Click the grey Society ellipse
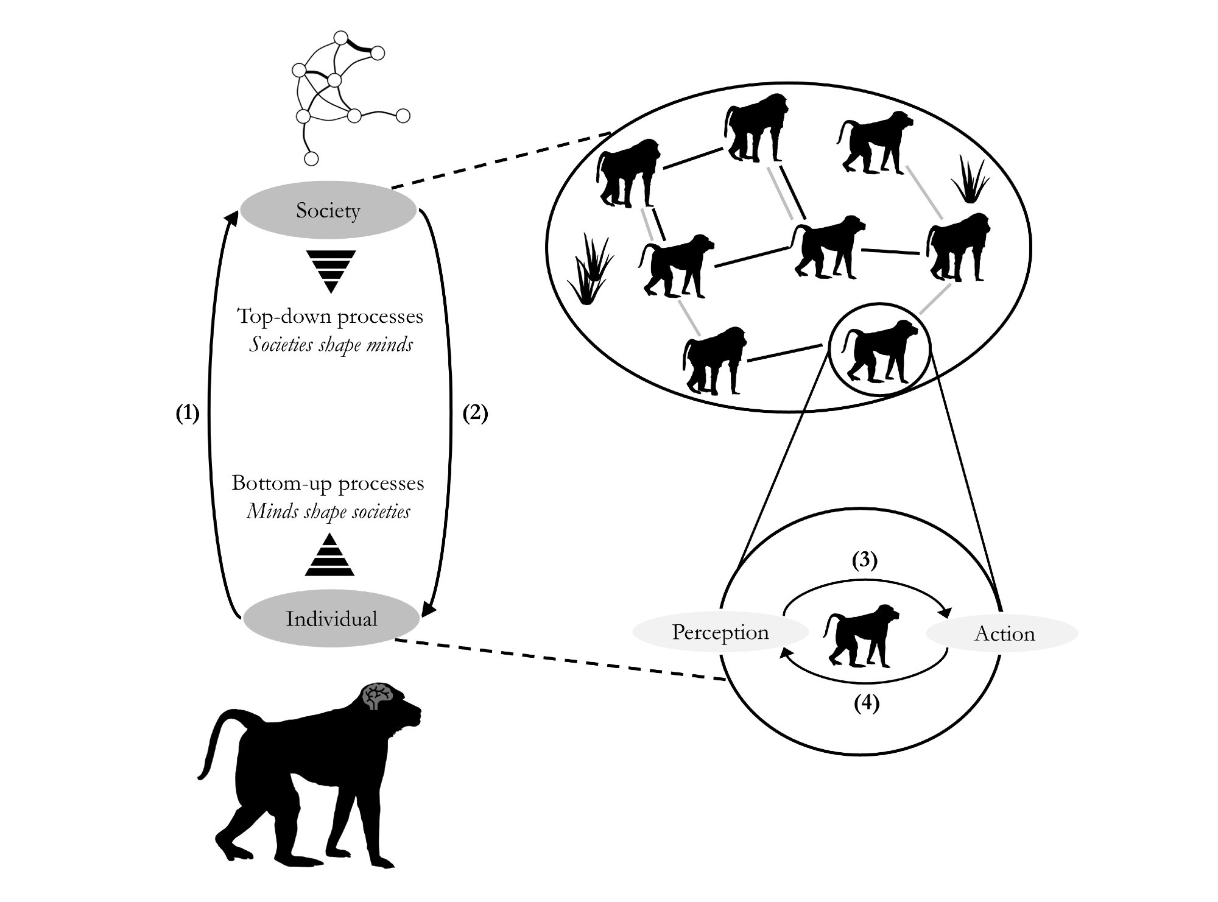click(328, 210)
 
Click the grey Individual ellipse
click(331, 619)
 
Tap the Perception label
click(720, 632)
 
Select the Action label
click(1004, 634)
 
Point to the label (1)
click(188, 414)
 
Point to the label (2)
click(475, 414)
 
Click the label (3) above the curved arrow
click(864, 560)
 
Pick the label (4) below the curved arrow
click(866, 704)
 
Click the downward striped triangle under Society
click(331, 270)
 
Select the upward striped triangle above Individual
click(329, 555)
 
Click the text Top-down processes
click(329, 316)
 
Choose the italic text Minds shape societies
click(328, 512)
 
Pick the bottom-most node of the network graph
click(311, 159)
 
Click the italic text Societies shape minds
click(331, 345)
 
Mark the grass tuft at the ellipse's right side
click(970, 180)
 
